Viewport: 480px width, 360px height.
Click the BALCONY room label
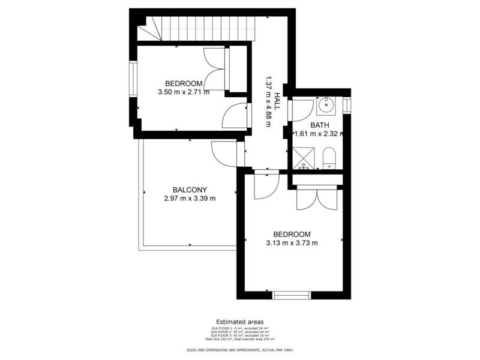(x=190, y=189)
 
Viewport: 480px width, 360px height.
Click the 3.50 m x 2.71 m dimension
(x=184, y=92)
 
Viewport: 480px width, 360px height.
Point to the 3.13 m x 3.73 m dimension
(x=292, y=243)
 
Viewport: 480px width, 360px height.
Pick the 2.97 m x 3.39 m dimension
(x=190, y=198)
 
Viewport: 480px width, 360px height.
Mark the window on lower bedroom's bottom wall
(x=292, y=295)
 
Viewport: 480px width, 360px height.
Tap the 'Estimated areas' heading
(x=239, y=322)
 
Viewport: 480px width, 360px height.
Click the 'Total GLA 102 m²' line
(x=239, y=340)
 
